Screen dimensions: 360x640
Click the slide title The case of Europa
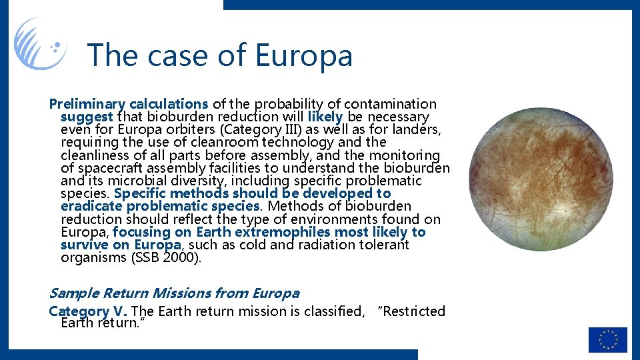(x=220, y=55)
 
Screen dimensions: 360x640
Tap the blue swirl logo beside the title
(x=40, y=44)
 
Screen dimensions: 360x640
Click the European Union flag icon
(x=607, y=339)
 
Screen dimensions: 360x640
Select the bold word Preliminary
(x=87, y=104)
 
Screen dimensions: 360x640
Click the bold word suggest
(x=87, y=117)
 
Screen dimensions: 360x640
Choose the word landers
(x=416, y=129)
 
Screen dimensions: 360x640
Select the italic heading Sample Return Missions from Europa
(x=174, y=293)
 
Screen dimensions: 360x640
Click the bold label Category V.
(x=89, y=311)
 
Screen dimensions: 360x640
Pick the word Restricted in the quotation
(x=413, y=311)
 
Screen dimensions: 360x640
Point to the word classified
(x=326, y=311)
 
